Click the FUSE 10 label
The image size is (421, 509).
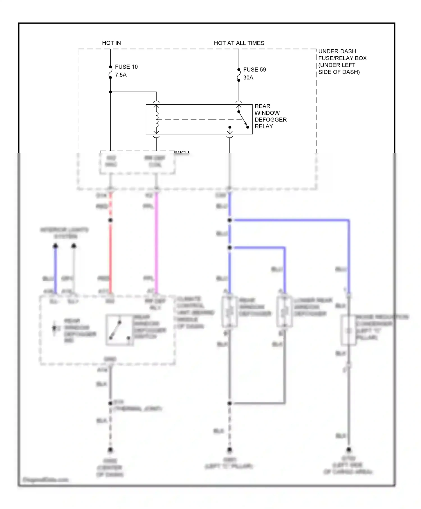[x=126, y=67]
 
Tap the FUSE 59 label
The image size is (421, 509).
[x=254, y=70]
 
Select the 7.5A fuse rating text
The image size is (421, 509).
[x=121, y=75]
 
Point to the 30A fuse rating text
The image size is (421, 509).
[x=248, y=78]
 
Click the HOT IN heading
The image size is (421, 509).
[x=111, y=43]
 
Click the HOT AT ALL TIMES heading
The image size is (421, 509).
[x=239, y=43]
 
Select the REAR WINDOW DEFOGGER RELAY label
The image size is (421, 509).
[x=270, y=116]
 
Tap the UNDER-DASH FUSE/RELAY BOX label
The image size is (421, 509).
[x=342, y=61]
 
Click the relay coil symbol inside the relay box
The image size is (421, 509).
[x=157, y=119]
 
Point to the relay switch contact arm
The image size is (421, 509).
[x=243, y=119]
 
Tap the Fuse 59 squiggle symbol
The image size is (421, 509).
[x=239, y=75]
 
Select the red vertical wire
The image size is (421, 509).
[x=110, y=253]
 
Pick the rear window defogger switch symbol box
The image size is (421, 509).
[x=119, y=330]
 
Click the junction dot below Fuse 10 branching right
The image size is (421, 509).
[x=110, y=92]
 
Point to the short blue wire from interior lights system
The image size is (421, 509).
[x=56, y=269]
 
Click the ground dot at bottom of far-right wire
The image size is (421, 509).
[x=349, y=450]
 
